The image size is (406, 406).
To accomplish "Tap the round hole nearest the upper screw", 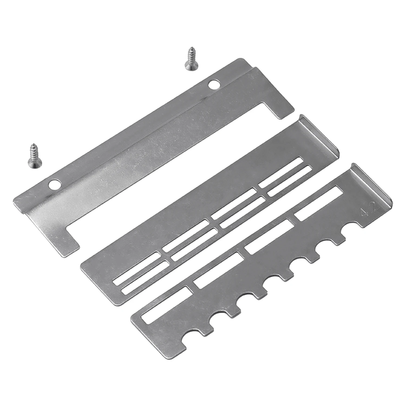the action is (214, 84).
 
